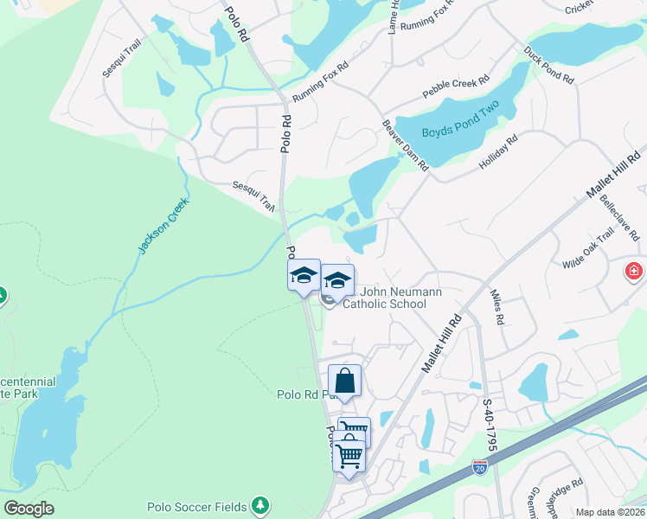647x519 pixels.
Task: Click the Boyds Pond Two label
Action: click(x=461, y=132)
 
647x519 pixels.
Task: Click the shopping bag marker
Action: click(x=344, y=381)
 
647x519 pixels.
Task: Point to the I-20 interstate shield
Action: click(x=479, y=468)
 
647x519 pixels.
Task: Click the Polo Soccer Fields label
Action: click(x=197, y=507)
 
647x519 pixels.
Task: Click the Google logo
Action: click(x=29, y=509)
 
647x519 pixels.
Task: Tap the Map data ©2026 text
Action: click(x=610, y=512)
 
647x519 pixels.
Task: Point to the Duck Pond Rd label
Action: click(x=548, y=65)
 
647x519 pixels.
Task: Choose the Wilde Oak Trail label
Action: click(x=587, y=249)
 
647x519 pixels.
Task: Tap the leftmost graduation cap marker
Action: click(x=304, y=276)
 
